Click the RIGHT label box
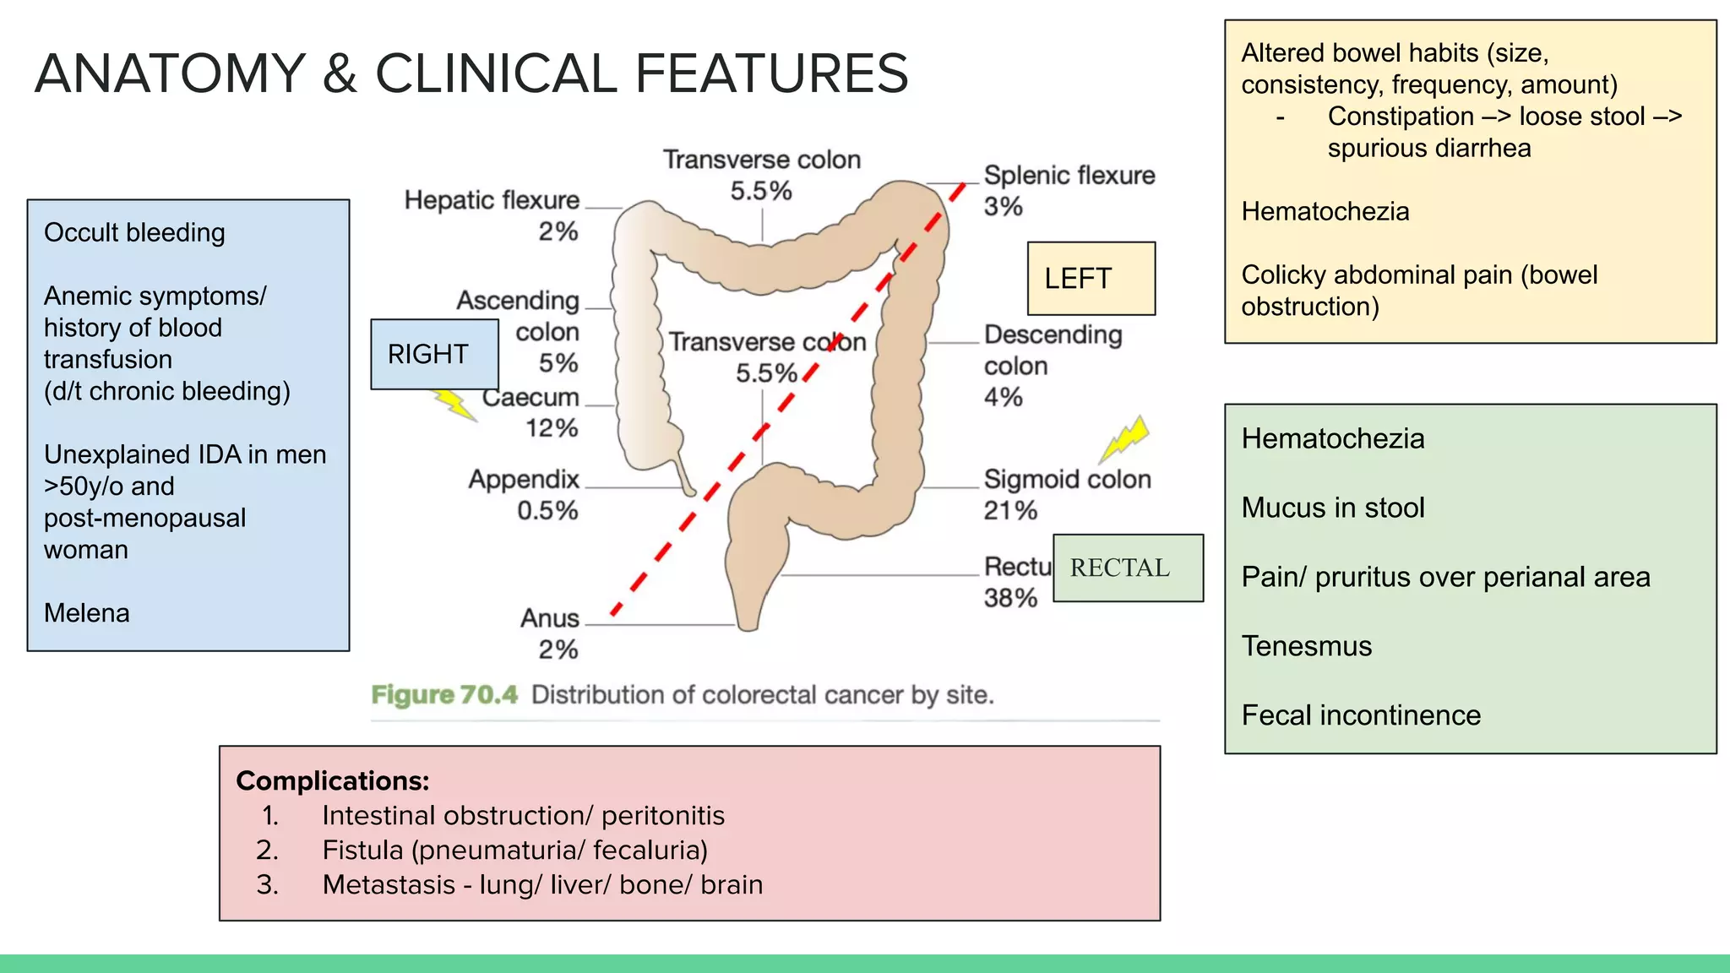[x=434, y=354]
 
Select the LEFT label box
[x=1091, y=279]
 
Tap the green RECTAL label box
[x=1128, y=568]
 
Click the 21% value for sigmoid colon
[x=1010, y=510]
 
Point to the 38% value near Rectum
[x=1010, y=598]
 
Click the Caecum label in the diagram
[x=531, y=397]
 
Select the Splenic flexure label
[x=1069, y=175]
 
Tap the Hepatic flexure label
[x=492, y=200]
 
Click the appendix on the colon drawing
[x=684, y=477]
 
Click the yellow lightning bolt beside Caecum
[x=455, y=405]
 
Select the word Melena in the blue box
[x=87, y=612]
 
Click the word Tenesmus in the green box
[x=1307, y=646]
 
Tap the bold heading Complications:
[x=332, y=780]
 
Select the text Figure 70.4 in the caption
[x=444, y=694]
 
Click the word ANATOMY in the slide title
[x=170, y=73]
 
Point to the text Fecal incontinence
[x=1361, y=715]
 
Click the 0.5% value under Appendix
[x=547, y=510]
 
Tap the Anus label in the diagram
[x=549, y=618]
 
